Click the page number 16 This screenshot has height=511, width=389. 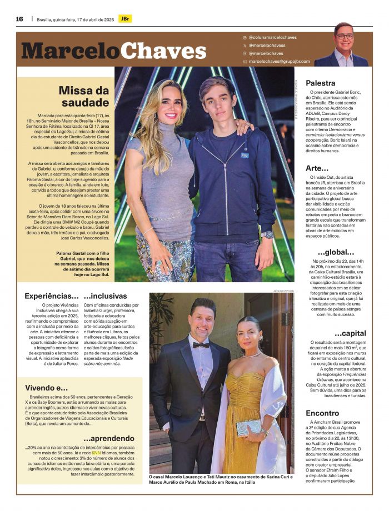coord(19,19)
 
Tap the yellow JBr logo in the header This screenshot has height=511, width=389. coord(126,19)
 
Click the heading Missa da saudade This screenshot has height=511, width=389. coord(84,96)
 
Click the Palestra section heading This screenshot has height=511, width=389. coord(321,83)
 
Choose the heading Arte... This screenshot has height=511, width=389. coord(317,168)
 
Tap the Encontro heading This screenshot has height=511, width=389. coord(323,413)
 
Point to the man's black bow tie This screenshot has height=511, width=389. coord(201,345)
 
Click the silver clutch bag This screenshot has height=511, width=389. coord(248,428)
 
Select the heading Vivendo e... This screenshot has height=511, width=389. coord(47,387)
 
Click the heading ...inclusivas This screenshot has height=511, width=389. coord(106,296)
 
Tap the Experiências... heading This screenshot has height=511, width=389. coord(52,296)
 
